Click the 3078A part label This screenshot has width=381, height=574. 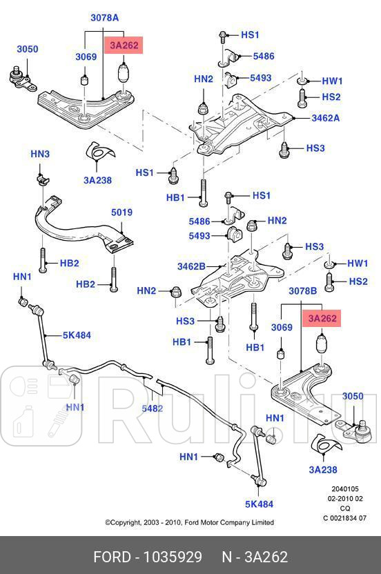(104, 17)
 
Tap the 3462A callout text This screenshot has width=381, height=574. (325, 118)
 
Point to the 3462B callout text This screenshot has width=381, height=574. (191, 266)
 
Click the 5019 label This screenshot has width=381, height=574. (121, 212)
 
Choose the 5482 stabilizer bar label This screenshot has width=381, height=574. (152, 408)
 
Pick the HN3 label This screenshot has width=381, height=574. (40, 154)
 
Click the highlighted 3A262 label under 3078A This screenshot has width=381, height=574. (122, 46)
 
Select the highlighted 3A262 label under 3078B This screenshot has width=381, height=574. (322, 318)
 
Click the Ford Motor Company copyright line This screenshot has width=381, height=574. (189, 522)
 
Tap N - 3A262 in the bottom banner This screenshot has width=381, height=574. (254, 556)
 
